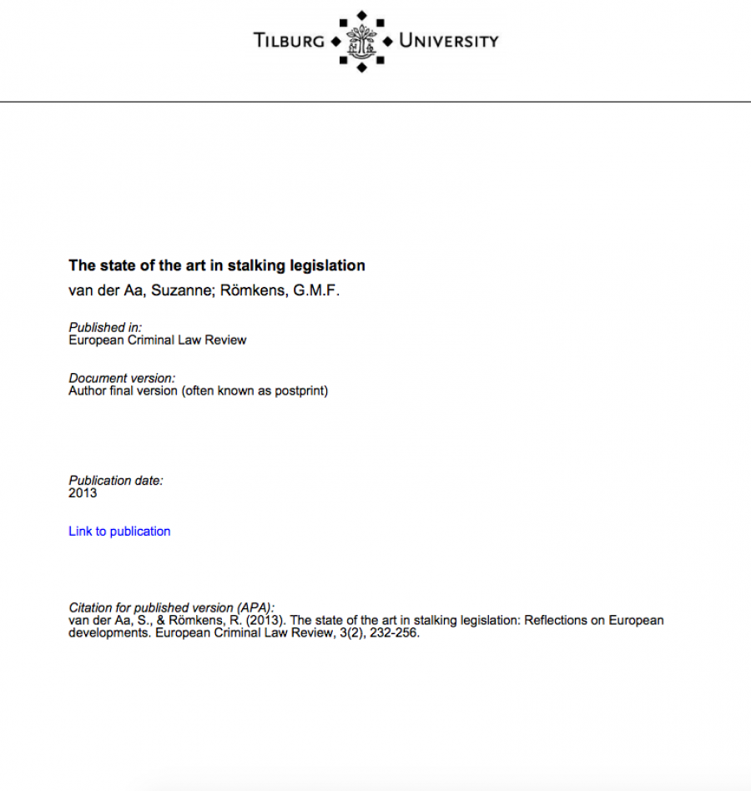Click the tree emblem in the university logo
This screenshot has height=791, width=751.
click(x=360, y=40)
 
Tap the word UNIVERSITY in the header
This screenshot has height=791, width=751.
click(x=448, y=40)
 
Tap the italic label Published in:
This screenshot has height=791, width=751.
click(x=105, y=328)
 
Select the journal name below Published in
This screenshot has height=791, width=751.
click(x=157, y=340)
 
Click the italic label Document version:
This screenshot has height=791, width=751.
click(x=122, y=379)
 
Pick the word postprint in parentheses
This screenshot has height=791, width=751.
click(x=297, y=390)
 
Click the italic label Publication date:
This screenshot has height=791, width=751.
click(x=116, y=481)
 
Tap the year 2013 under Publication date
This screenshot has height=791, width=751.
click(x=83, y=493)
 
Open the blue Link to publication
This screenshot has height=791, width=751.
click(x=119, y=532)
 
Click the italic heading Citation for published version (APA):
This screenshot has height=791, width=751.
click(x=171, y=608)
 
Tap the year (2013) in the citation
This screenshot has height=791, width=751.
click(x=265, y=621)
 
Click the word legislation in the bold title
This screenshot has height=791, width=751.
click(x=327, y=266)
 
